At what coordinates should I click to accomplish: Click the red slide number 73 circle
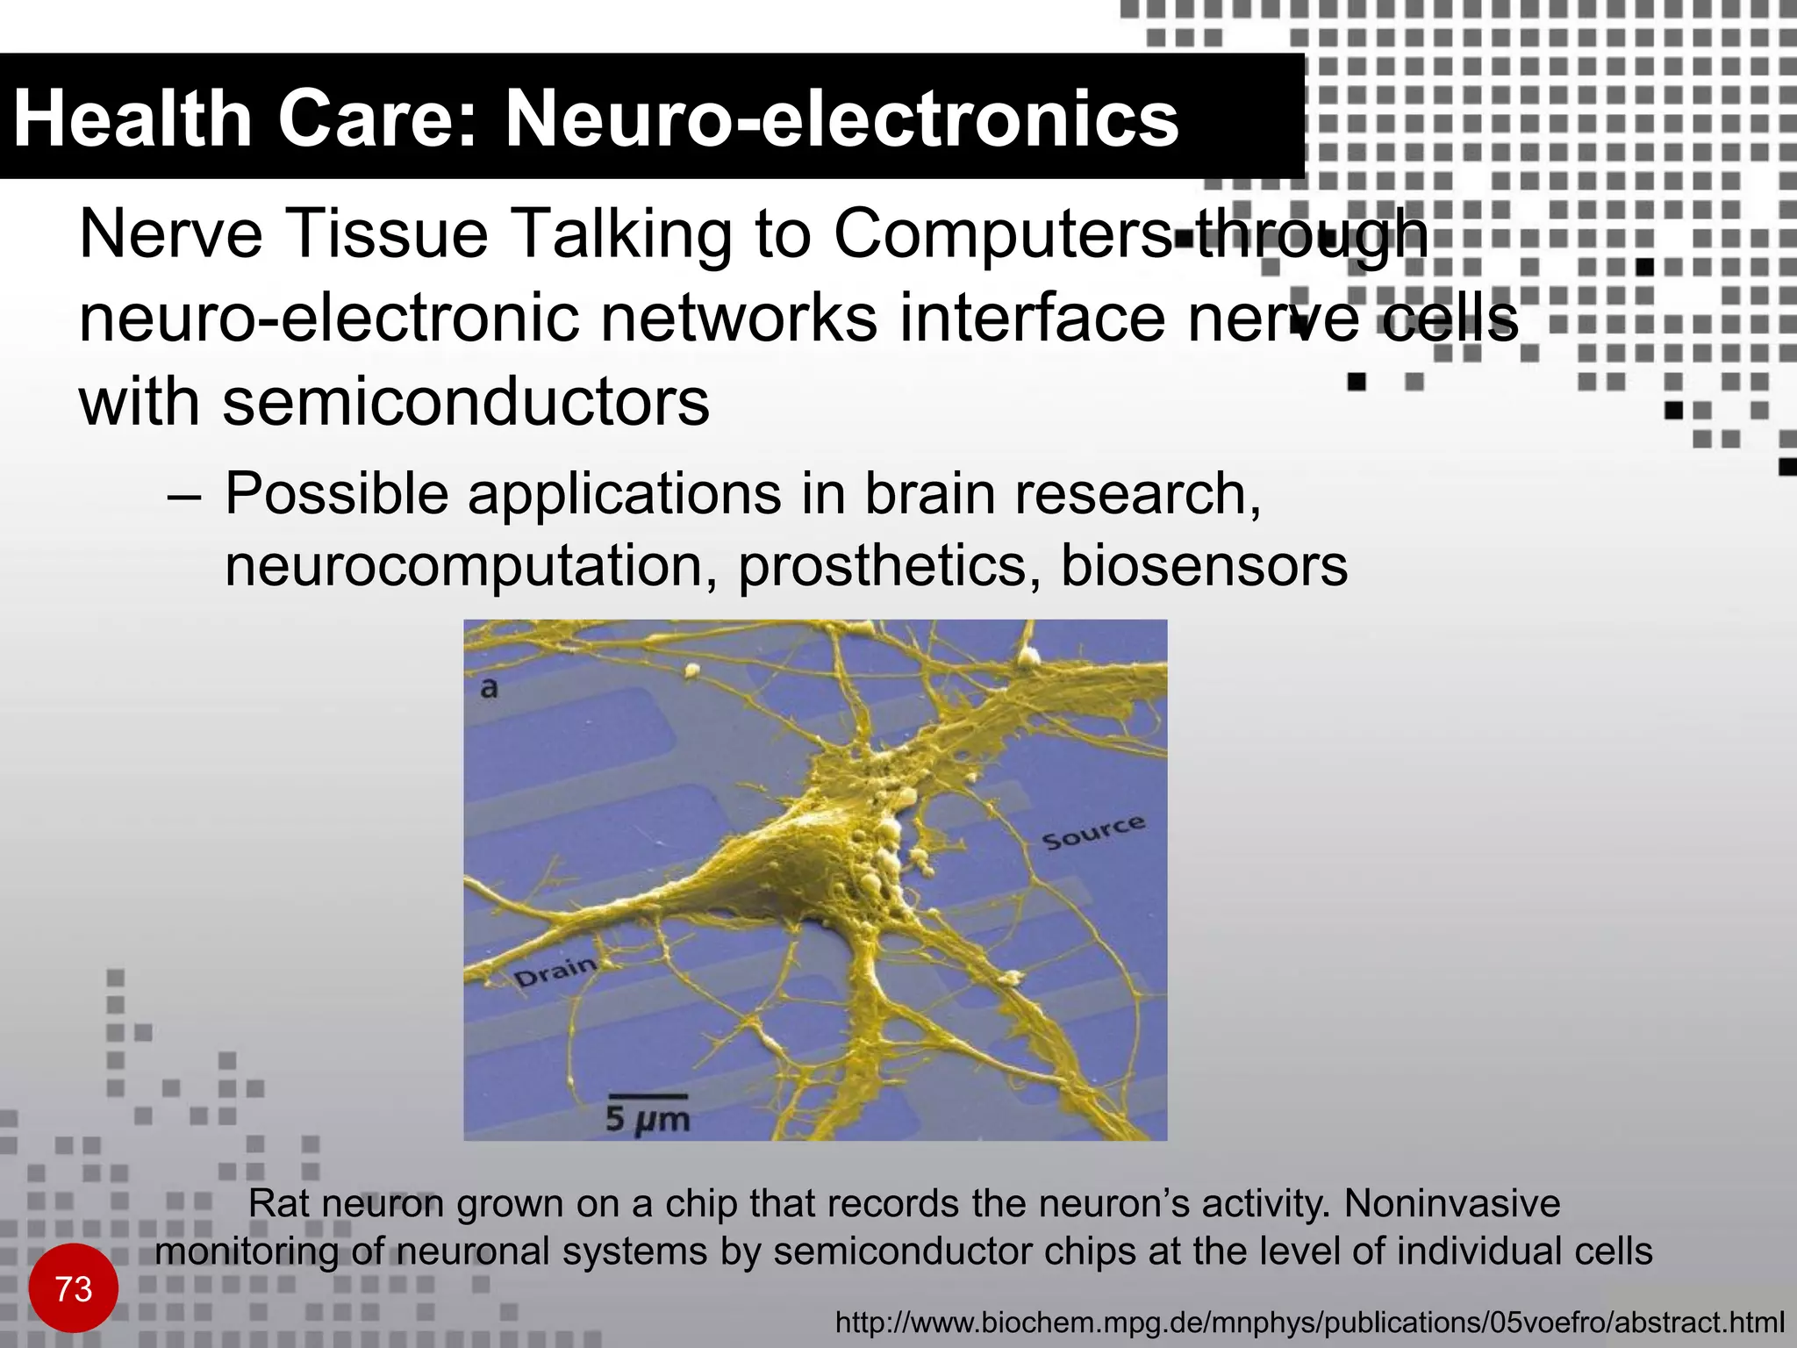(x=73, y=1288)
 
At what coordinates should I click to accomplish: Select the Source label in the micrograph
(x=1093, y=832)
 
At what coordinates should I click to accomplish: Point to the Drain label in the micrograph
(x=555, y=972)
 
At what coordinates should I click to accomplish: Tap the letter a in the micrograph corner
(x=489, y=689)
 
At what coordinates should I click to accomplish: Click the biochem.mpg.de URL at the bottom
(x=1309, y=1322)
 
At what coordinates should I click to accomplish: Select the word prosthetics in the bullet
(x=882, y=566)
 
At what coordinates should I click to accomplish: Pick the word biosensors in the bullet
(x=1204, y=566)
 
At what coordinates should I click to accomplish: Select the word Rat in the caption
(x=277, y=1204)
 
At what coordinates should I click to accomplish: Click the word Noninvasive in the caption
(x=1451, y=1204)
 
